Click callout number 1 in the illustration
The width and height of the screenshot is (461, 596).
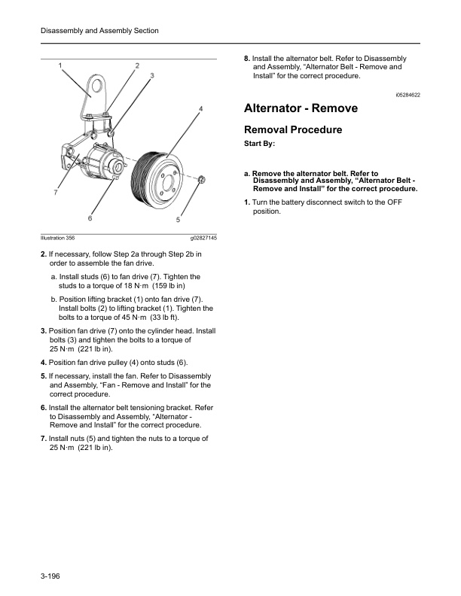(x=60, y=65)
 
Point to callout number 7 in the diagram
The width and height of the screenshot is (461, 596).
(x=56, y=193)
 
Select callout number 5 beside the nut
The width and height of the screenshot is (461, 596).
(x=179, y=220)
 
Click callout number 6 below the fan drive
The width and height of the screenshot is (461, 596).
(x=90, y=219)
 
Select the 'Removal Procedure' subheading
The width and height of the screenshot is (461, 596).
(x=292, y=129)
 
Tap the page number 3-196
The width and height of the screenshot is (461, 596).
(x=50, y=576)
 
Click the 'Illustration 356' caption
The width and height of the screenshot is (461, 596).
(x=57, y=238)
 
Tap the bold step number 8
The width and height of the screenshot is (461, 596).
(x=246, y=58)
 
